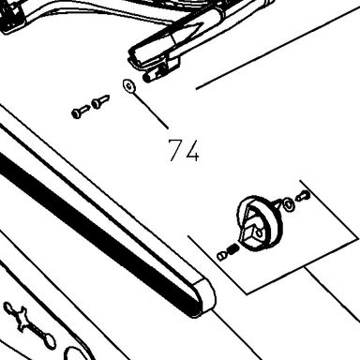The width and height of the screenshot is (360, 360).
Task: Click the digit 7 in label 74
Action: click(175, 150)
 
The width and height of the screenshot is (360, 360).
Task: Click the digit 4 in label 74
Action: click(191, 151)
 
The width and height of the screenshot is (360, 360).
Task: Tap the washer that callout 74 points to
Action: click(128, 86)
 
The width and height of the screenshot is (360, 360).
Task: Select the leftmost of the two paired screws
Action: click(81, 112)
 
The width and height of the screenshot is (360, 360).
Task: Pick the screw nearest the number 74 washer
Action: click(100, 101)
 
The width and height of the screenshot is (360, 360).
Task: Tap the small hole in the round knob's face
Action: click(259, 232)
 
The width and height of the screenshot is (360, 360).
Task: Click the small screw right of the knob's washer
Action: click(303, 196)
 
